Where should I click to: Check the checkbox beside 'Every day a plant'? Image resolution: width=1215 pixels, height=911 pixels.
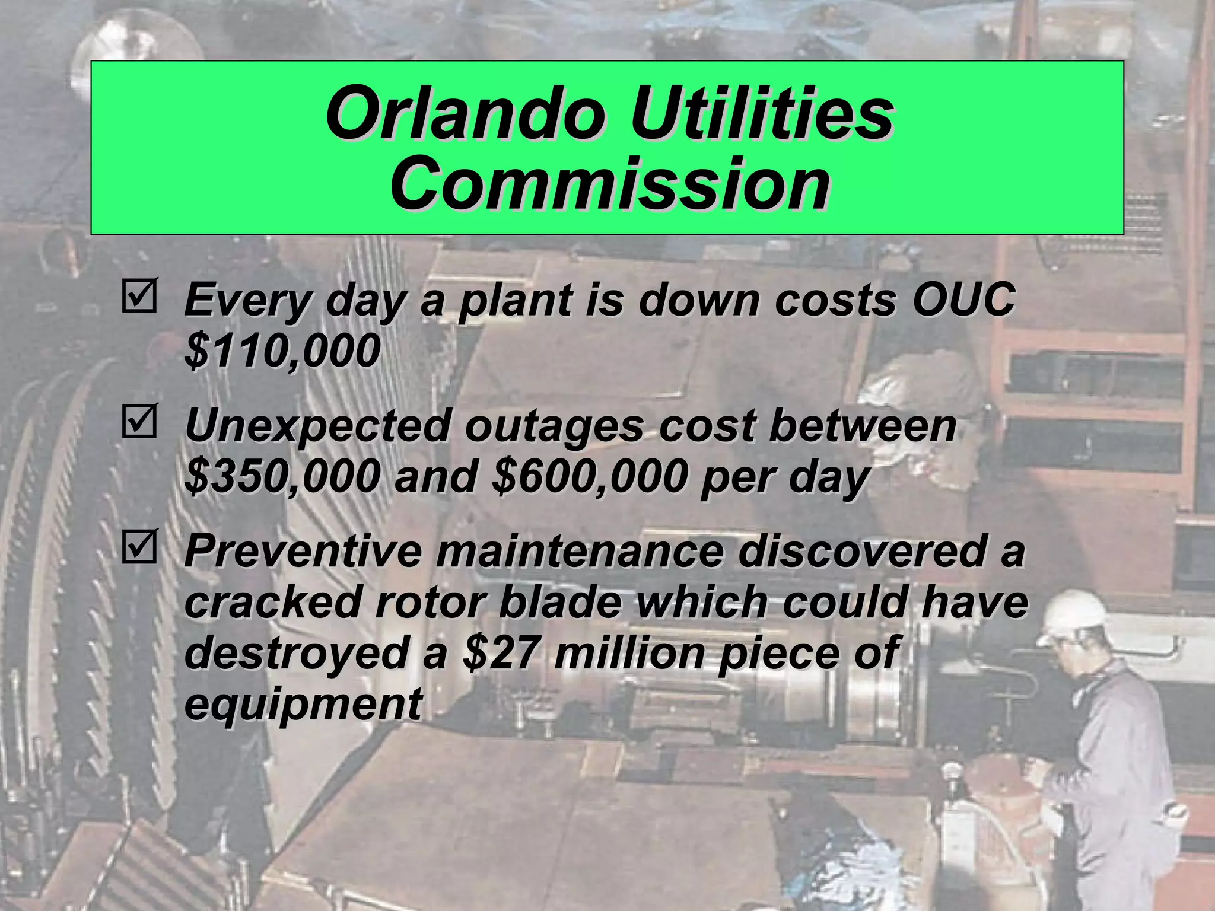(139, 297)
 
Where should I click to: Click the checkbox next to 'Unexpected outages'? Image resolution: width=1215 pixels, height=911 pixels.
(139, 422)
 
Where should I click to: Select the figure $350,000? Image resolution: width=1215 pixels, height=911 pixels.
(282, 476)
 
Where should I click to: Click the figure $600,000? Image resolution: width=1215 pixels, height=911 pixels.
(590, 476)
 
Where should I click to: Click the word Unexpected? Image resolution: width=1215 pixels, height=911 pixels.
(318, 426)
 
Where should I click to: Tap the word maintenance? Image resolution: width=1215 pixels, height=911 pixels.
(580, 550)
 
